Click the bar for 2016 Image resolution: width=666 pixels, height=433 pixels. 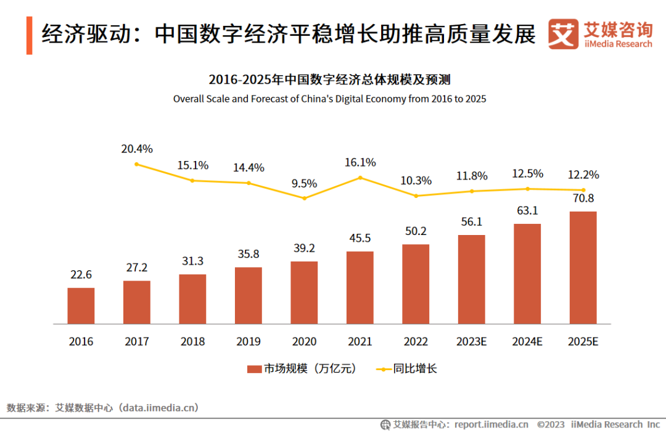pyautogui.click(x=81, y=306)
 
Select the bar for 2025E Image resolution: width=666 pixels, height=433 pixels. pyautogui.click(x=583, y=268)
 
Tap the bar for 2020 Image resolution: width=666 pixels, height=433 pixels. pyautogui.click(x=304, y=292)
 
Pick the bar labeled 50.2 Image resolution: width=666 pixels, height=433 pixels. pyautogui.click(x=416, y=284)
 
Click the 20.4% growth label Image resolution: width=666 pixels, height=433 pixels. pyautogui.click(x=137, y=149)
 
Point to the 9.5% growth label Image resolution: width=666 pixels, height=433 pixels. pyautogui.click(x=304, y=183)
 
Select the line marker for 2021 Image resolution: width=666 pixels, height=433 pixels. pyautogui.click(x=360, y=178)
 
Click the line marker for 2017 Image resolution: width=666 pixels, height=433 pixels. pyautogui.click(x=137, y=164)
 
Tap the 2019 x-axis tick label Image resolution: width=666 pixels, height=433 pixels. pyautogui.click(x=249, y=342)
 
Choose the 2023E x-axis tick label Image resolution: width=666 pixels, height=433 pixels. pyautogui.click(x=471, y=342)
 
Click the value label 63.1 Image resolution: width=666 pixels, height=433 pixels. pyautogui.click(x=527, y=211)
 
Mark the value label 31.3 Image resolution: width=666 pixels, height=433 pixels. pyautogui.click(x=192, y=262)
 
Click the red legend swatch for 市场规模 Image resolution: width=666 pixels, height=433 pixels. pyautogui.click(x=255, y=369)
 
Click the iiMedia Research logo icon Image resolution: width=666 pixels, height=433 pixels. pyautogui.click(x=563, y=34)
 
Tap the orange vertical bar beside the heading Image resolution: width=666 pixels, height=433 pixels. pyautogui.click(x=29, y=35)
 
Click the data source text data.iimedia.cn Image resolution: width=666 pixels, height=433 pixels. pyautogui.click(x=159, y=408)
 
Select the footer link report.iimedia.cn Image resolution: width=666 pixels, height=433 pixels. pyautogui.click(x=491, y=424)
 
